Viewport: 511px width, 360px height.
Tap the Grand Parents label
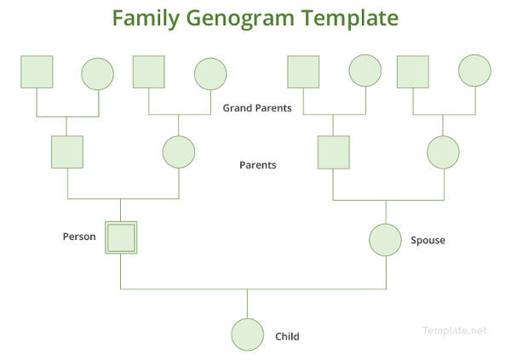tap(257, 108)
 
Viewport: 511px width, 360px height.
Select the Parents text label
tap(258, 165)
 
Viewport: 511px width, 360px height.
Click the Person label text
tap(79, 237)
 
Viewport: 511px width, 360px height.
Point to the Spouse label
tap(428, 240)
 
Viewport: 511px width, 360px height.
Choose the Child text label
tap(287, 336)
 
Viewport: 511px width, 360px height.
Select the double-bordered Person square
tap(121, 238)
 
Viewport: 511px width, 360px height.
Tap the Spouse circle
tap(385, 239)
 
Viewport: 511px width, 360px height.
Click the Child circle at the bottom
tap(248, 334)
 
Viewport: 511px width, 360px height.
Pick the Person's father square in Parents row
tap(66, 152)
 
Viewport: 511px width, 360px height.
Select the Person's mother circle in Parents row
tap(179, 152)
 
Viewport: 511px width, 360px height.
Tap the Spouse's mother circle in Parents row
tap(443, 152)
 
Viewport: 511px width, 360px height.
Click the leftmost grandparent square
tap(37, 72)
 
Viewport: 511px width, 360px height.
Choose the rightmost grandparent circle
tap(474, 72)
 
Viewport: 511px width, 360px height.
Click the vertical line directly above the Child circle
tap(248, 303)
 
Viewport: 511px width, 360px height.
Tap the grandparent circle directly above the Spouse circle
tap(365, 71)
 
